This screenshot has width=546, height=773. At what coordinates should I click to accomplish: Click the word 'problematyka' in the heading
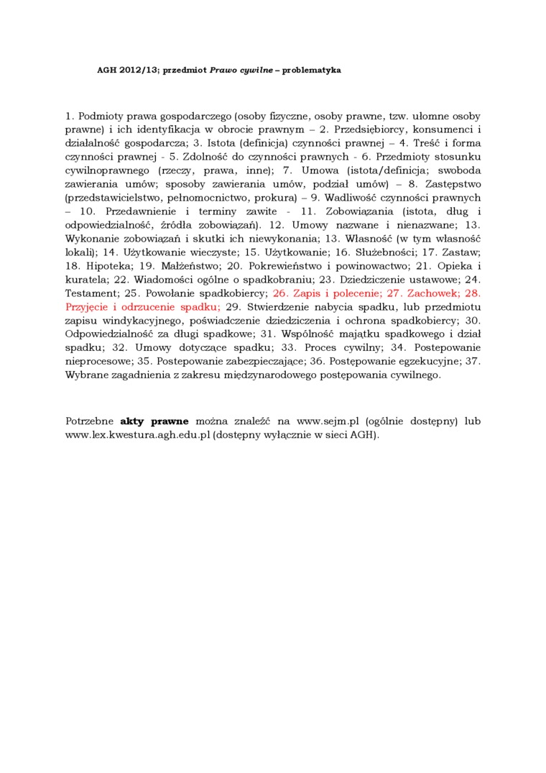[311, 70]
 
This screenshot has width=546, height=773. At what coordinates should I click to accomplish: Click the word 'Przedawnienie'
[140, 211]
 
